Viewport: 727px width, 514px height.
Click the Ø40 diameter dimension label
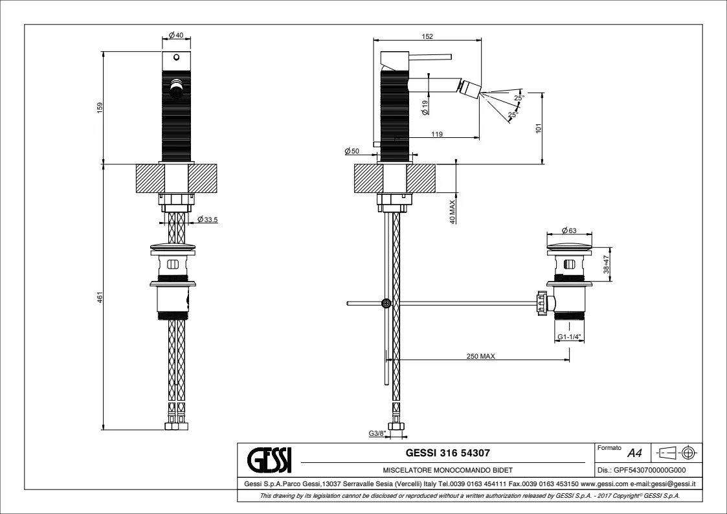176,35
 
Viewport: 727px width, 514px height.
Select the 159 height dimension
99,107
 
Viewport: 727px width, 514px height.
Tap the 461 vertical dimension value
99,296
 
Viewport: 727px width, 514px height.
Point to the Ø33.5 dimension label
207,219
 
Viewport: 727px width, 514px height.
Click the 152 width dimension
427,36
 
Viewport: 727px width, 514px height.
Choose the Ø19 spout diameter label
425,108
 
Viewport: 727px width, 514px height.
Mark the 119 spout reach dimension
437,134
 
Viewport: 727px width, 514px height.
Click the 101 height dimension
539,128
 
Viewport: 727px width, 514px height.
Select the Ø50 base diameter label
352,151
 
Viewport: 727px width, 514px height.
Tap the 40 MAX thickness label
453,211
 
